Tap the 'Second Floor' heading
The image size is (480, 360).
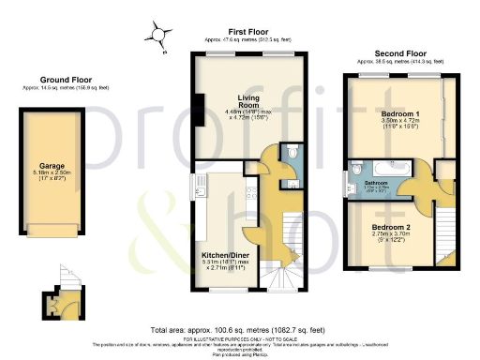[x=402, y=53]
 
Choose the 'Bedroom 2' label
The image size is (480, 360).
[x=387, y=228]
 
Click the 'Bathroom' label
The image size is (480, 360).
[x=376, y=182]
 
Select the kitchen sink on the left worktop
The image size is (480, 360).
[x=200, y=193]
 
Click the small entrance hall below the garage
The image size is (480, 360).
[x=61, y=301]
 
